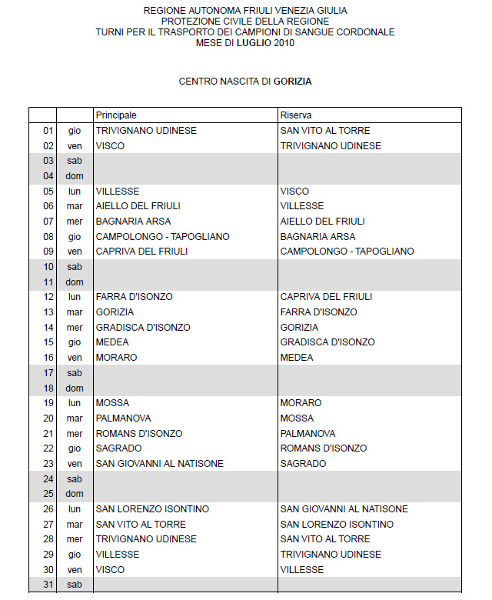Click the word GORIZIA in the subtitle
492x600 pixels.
point(292,81)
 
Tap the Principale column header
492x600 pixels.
point(116,115)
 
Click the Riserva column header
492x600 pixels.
point(296,115)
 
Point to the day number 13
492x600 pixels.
point(48,312)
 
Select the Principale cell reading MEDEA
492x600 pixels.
point(112,342)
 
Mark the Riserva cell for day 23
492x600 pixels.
point(303,464)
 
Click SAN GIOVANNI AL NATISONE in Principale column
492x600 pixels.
point(159,464)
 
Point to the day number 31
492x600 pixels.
point(48,585)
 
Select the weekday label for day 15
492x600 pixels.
point(75,342)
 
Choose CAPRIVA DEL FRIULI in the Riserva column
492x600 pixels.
point(326,297)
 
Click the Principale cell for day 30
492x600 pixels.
point(110,570)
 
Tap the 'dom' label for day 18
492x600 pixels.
point(75,388)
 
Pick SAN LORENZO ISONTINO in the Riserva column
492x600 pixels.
point(337,525)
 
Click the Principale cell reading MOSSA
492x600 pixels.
point(112,403)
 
